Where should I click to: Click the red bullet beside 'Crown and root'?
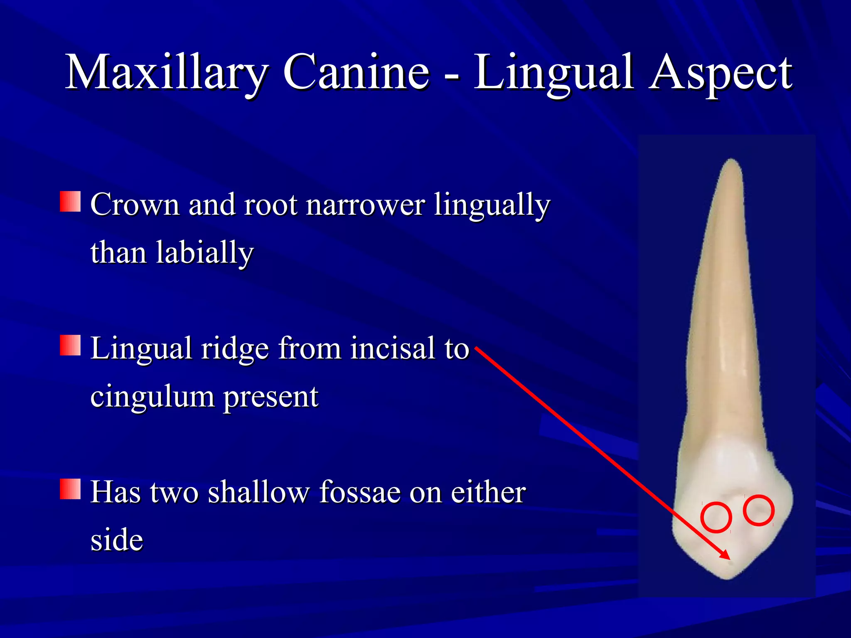pyautogui.click(x=70, y=201)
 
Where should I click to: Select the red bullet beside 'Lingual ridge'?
pyautogui.click(x=70, y=346)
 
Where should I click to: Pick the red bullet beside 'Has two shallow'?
pyautogui.click(x=70, y=489)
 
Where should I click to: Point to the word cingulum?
pyautogui.click(x=152, y=397)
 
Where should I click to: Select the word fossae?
pyautogui.click(x=359, y=492)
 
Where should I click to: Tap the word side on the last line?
pyautogui.click(x=117, y=540)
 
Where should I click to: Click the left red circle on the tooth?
pyautogui.click(x=716, y=518)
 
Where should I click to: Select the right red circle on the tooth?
pyautogui.click(x=758, y=510)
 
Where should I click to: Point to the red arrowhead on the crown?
pyautogui.click(x=725, y=555)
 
